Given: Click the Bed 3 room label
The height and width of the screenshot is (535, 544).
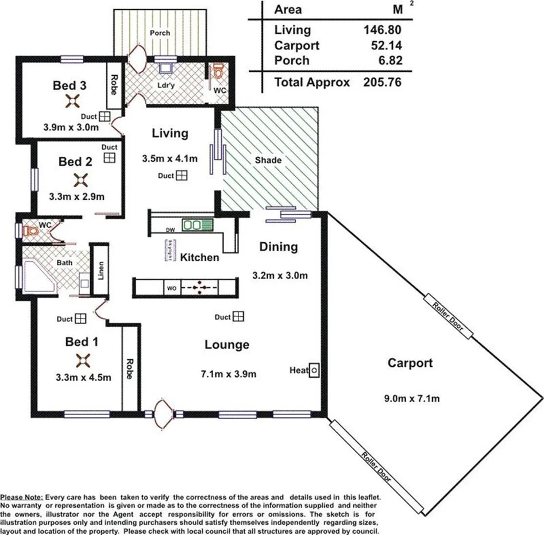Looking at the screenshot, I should coord(70,86).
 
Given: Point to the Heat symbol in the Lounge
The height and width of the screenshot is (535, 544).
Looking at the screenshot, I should coord(314,371).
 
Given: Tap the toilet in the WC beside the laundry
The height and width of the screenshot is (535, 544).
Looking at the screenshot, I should coord(218,72).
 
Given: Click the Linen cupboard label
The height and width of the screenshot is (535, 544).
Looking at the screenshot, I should coord(100,272).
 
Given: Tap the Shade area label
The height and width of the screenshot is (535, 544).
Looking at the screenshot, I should coord(268,160).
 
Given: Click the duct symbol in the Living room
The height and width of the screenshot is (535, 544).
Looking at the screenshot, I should coord(181,175).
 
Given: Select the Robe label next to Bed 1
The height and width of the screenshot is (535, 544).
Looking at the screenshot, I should coord(130,370).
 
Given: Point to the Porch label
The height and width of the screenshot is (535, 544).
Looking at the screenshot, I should coord(160,33).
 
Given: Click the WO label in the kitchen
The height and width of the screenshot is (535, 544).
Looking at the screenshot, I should coord(171,288).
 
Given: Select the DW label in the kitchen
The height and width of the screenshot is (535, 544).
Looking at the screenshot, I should coord(169,230).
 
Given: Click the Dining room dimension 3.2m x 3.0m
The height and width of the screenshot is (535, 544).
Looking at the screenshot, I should coord(280,275).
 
